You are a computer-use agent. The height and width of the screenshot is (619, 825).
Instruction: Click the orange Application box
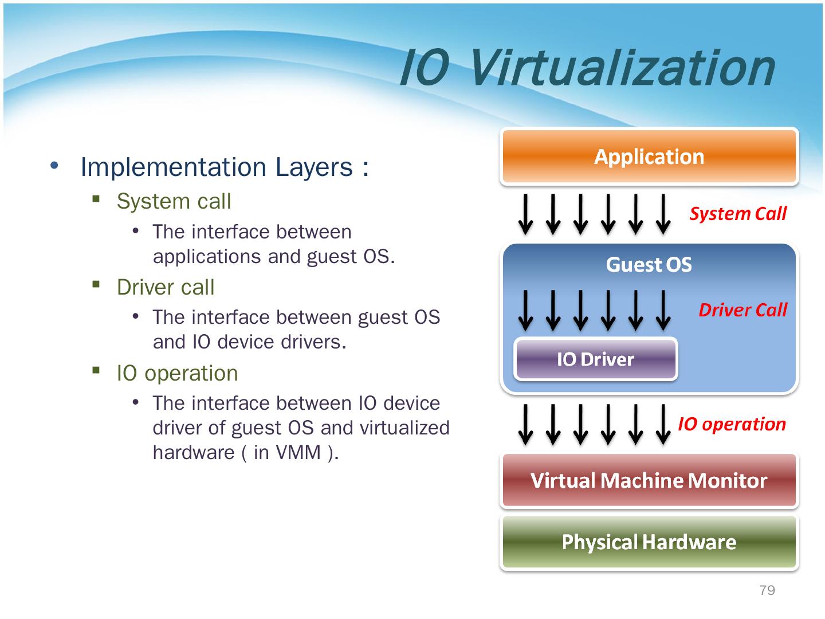click(x=649, y=156)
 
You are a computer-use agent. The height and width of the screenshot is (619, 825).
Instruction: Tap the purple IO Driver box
click(x=596, y=359)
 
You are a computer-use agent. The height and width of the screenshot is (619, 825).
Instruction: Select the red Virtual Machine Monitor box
click(x=649, y=480)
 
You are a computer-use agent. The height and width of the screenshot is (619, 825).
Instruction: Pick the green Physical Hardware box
click(x=649, y=542)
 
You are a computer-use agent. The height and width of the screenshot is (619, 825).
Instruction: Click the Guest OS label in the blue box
click(x=649, y=265)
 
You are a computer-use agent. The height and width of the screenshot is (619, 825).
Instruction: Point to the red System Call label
click(x=738, y=214)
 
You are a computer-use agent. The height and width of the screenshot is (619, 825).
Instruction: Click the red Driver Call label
click(x=742, y=310)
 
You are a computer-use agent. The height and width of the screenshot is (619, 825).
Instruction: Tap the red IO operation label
click(x=732, y=424)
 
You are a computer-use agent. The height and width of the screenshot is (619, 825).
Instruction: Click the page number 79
click(x=767, y=590)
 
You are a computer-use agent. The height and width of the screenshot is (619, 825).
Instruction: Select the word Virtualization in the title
click(x=622, y=68)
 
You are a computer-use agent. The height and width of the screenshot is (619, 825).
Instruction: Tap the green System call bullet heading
click(x=174, y=201)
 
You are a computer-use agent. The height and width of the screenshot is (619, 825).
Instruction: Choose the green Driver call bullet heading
click(x=166, y=287)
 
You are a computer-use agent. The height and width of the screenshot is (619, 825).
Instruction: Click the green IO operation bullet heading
click(x=177, y=373)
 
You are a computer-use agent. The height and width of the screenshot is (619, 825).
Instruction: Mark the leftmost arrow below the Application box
click(x=525, y=214)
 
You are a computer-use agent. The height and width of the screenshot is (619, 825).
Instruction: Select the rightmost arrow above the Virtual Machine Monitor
click(x=663, y=424)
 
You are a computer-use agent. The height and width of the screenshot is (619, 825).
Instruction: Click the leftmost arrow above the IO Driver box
click(x=525, y=310)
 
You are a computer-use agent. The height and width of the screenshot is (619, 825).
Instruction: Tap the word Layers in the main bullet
click(x=314, y=167)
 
